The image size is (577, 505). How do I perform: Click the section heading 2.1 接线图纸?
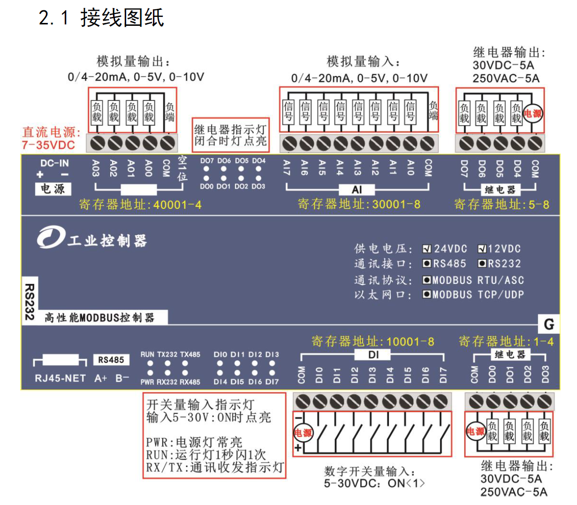[101, 18]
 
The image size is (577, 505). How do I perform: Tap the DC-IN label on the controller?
[54, 163]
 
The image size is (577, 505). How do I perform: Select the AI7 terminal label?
[287, 168]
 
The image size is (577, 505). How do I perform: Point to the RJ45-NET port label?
[61, 378]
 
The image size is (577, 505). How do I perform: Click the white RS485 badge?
[111, 360]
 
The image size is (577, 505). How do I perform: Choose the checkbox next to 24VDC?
[426, 249]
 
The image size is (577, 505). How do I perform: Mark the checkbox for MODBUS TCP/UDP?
[426, 295]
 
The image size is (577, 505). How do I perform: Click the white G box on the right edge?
[549, 324]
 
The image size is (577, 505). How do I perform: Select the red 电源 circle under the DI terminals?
[303, 433]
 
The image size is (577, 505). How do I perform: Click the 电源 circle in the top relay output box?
[533, 114]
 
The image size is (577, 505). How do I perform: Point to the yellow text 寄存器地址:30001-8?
[359, 205]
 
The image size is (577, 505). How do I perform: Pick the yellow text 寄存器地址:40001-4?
[140, 205]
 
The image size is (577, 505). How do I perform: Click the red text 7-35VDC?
[48, 145]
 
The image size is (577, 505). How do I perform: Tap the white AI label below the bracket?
[357, 190]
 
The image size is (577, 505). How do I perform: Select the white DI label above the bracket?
[373, 355]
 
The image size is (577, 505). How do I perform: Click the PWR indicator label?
[147, 382]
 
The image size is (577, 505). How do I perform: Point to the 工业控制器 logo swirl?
[51, 237]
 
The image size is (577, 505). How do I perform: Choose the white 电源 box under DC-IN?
[53, 189]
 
